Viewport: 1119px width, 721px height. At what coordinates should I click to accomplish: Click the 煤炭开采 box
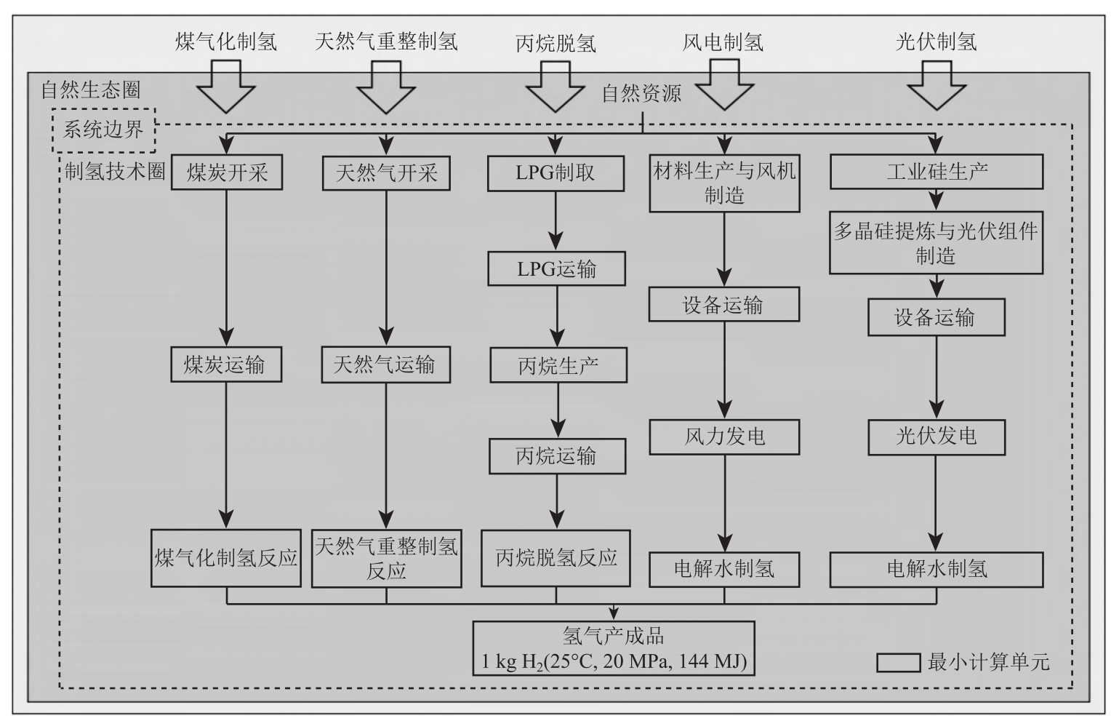tap(226, 172)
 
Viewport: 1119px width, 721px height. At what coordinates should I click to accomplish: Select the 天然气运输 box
tap(385, 365)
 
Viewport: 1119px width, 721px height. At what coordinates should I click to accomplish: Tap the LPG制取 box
tap(556, 173)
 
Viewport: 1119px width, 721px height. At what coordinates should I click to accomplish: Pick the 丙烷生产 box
tap(558, 365)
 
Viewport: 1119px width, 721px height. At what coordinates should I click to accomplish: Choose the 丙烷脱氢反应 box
tap(556, 558)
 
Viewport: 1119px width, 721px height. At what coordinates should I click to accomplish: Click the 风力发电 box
tap(724, 437)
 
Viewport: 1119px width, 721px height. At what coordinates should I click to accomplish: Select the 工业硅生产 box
tap(936, 172)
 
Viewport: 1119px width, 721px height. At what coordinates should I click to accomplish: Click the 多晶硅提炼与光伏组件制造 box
tap(936, 243)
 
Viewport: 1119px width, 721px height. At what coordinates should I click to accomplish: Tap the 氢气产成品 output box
tap(613, 648)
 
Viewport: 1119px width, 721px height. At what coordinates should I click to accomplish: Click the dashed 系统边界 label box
tap(104, 130)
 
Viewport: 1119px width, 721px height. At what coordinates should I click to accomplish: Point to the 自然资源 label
tap(641, 94)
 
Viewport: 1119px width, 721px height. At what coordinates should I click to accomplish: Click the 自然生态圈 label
tap(90, 90)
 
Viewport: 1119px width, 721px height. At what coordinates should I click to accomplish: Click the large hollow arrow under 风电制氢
tap(723, 84)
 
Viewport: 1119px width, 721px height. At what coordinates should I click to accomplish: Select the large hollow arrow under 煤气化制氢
tap(225, 86)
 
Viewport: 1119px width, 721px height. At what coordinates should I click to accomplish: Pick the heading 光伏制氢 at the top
tap(936, 41)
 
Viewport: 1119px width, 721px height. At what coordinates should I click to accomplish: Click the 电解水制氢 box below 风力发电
tap(724, 569)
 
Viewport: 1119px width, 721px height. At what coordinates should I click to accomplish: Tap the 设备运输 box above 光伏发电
tap(936, 317)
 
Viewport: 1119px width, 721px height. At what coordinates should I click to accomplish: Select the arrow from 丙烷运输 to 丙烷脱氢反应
tap(558, 501)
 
